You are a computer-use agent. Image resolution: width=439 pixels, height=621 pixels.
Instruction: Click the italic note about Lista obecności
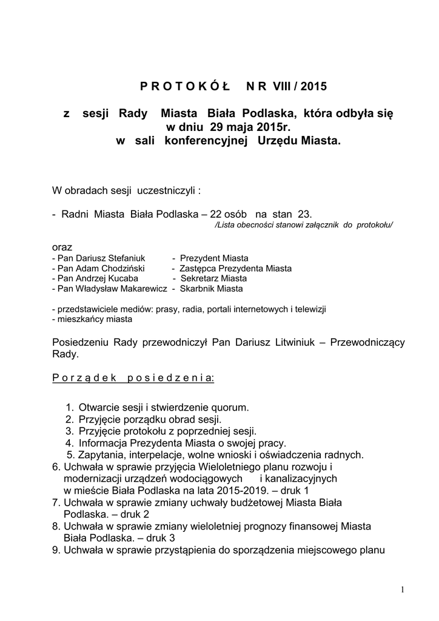pyautogui.click(x=304, y=224)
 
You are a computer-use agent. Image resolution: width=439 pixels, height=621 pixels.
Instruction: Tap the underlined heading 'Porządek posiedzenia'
pyautogui.click(x=133, y=378)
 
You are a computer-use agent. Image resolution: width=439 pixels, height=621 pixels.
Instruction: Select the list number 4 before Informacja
pyautogui.click(x=70, y=443)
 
